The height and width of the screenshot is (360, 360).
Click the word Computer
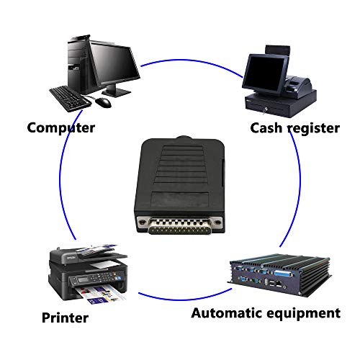tap(61, 128)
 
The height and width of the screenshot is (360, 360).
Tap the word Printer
tap(65, 318)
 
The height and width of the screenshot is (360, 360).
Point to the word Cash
tap(266, 128)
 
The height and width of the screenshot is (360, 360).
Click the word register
tap(314, 129)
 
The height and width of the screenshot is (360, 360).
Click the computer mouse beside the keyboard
tap(104, 102)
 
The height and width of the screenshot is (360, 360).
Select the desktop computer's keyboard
tap(70, 99)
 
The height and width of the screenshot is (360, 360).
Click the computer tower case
tap(78, 65)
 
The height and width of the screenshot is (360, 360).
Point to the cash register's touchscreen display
tap(265, 73)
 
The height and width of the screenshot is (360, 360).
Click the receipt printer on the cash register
tap(298, 85)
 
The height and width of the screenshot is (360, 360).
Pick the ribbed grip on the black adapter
tap(181, 166)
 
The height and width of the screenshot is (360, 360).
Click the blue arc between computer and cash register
tap(192, 64)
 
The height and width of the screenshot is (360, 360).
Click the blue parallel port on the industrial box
tap(284, 274)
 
